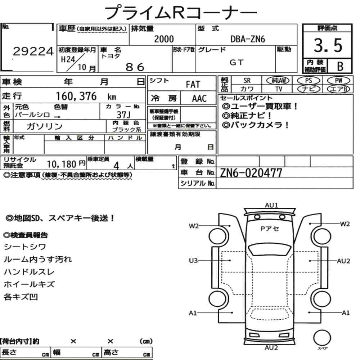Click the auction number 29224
[33, 51]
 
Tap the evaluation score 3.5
[328, 45]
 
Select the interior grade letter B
[340, 66]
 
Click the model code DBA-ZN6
[248, 39]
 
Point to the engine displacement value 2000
[164, 39]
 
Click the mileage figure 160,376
[76, 96]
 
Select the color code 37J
[123, 114]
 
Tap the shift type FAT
[193, 84]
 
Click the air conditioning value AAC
[199, 99]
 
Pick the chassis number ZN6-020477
[251, 173]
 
